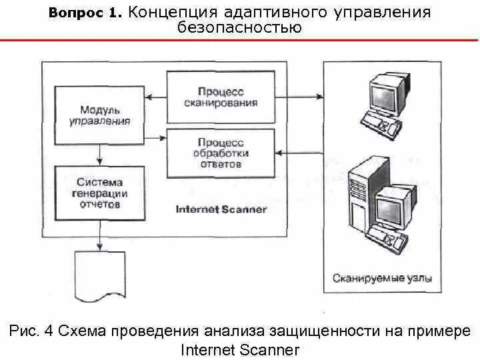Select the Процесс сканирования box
click(x=220, y=97)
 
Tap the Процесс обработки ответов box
click(x=220, y=153)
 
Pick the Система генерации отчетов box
click(x=99, y=193)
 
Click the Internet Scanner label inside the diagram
click(x=221, y=209)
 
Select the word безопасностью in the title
click(x=239, y=28)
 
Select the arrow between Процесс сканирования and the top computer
click(x=299, y=98)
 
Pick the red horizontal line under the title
click(x=240, y=40)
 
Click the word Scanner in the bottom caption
click(x=267, y=349)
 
